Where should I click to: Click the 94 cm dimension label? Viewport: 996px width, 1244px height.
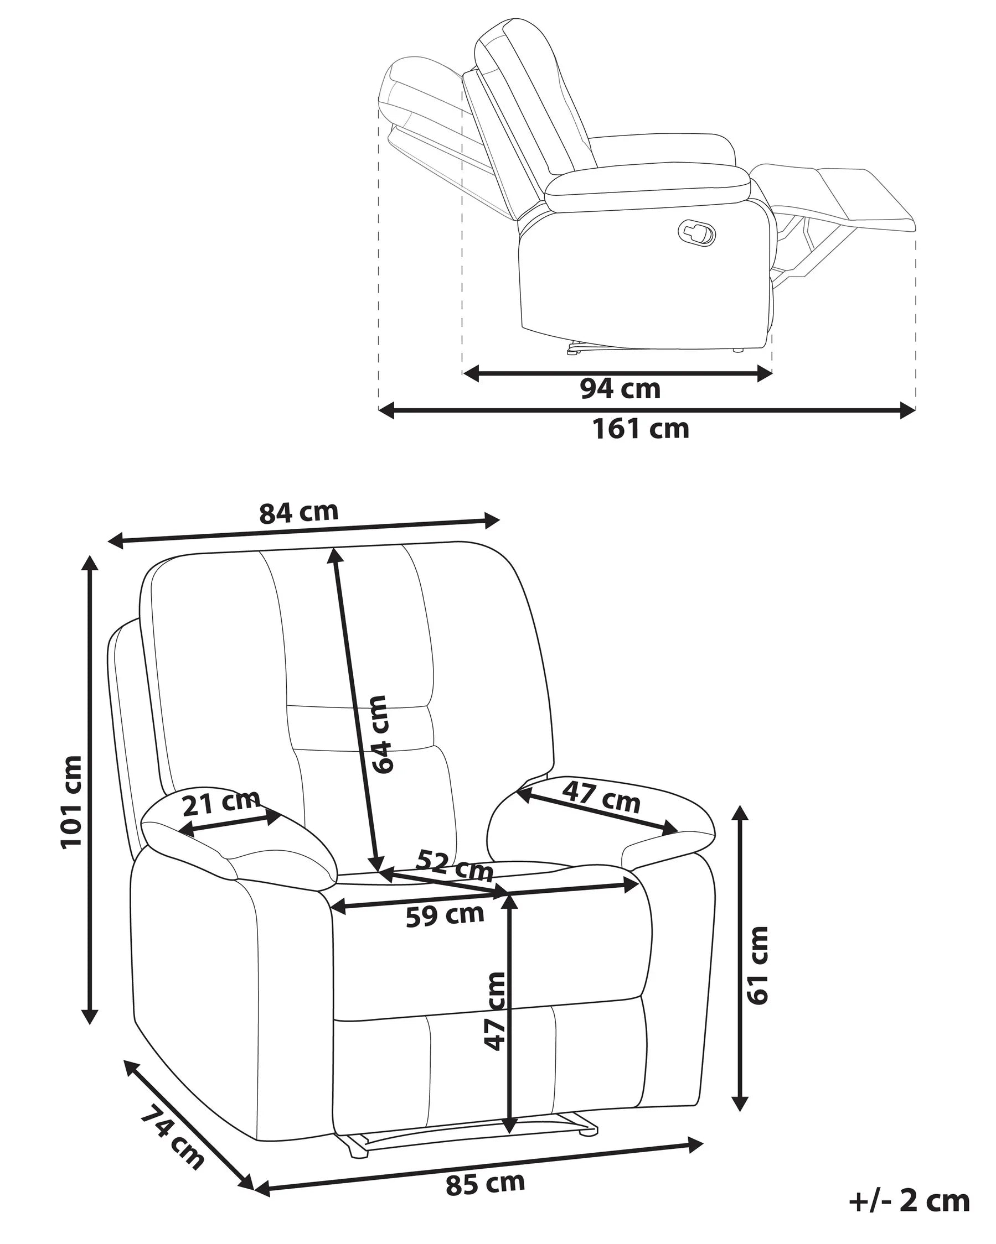click(x=620, y=389)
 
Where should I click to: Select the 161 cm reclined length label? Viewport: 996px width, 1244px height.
click(x=641, y=429)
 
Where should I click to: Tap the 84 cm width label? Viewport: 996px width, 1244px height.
click(x=298, y=512)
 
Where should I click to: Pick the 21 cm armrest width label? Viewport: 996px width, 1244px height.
click(x=220, y=803)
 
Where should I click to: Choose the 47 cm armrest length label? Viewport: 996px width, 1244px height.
click(x=602, y=797)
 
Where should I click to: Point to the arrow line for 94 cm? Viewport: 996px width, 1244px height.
click(x=617, y=373)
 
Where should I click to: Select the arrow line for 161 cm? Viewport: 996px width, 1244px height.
click(x=647, y=411)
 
